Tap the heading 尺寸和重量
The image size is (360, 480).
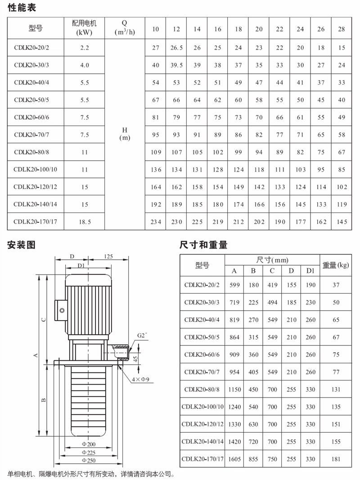click(203, 245)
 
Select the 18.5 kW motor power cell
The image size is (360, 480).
click(84, 222)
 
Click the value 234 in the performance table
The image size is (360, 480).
click(156, 222)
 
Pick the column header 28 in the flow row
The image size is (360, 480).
click(342, 29)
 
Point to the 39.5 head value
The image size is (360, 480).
click(176, 65)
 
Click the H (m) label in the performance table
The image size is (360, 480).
click(125, 134)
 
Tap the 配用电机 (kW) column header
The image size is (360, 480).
click(84, 28)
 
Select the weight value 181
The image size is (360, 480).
click(336, 459)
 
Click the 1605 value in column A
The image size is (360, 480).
click(234, 459)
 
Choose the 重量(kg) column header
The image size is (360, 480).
click(336, 265)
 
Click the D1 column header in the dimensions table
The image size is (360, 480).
click(310, 271)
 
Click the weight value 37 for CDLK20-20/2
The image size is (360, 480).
click(336, 285)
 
